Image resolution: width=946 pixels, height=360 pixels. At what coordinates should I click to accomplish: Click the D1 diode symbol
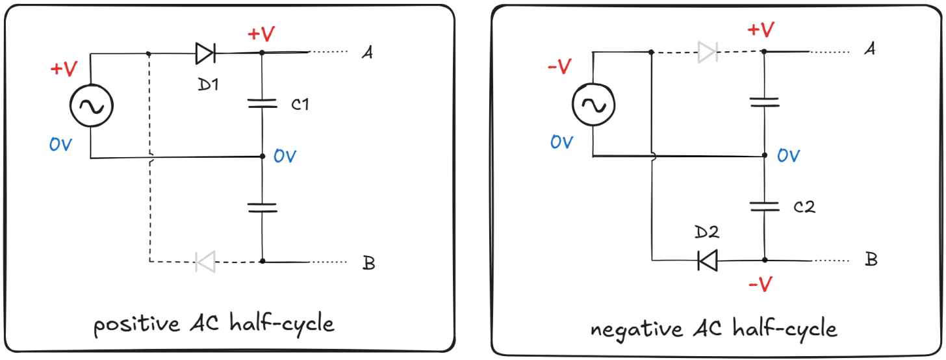(x=205, y=53)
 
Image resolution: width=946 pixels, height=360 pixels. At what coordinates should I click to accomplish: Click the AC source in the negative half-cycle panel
(x=592, y=105)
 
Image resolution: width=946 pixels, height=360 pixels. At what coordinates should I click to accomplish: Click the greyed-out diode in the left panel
(x=205, y=262)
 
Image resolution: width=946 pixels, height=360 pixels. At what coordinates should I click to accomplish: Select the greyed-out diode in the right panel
(x=708, y=51)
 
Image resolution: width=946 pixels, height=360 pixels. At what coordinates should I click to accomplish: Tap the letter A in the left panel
(x=367, y=53)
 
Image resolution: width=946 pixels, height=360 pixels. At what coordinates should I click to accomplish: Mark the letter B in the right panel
(x=871, y=259)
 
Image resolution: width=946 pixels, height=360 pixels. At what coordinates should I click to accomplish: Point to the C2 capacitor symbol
(x=764, y=206)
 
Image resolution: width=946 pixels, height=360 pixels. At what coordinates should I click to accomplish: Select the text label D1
(x=207, y=84)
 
